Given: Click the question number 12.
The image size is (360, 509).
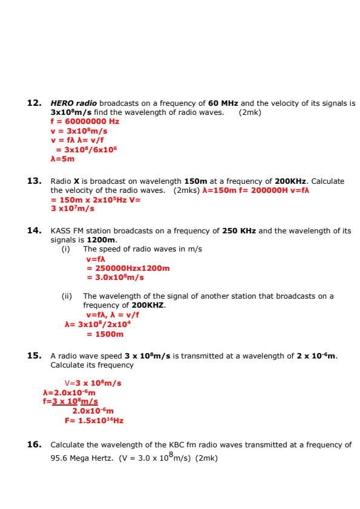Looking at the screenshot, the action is [x=34, y=103].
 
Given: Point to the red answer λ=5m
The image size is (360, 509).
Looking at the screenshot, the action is [x=62, y=159].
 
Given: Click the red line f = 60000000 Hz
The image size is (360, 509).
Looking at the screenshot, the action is [x=85, y=121].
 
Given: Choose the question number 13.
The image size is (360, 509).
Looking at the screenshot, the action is [x=34, y=181].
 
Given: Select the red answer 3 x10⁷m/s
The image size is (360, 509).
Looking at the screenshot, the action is [x=73, y=209].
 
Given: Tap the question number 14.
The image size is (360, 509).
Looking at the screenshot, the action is [x=34, y=230].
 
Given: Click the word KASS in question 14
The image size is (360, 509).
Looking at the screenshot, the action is [x=61, y=230].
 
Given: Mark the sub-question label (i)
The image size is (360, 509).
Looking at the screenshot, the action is [x=66, y=249].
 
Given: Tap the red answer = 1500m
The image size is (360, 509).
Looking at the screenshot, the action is [x=105, y=334].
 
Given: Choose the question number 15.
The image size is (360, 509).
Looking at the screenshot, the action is [x=34, y=356].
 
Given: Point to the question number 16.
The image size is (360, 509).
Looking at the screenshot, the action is [x=34, y=444].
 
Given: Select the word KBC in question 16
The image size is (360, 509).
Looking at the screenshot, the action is [x=182, y=445].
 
